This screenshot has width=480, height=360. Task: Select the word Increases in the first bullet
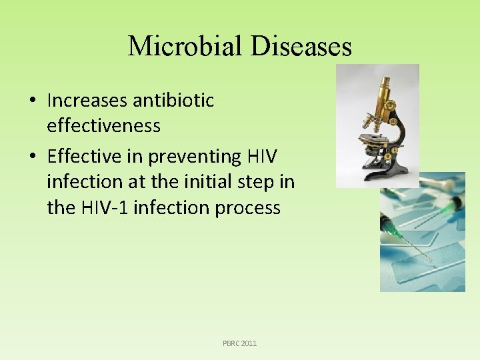[87, 101]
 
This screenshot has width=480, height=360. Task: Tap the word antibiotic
[173, 101]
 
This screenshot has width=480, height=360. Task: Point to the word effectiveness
[103, 125]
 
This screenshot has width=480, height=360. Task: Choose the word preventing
[194, 157]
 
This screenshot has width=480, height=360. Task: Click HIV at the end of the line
[262, 157]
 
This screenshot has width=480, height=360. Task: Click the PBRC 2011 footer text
[239, 343]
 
